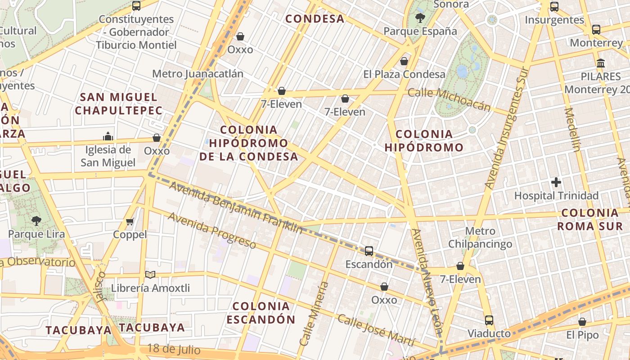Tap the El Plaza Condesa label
pos(404,74)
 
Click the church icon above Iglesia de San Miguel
pos(108,136)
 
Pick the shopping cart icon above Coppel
pos(130,221)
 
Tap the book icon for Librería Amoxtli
pos(150,274)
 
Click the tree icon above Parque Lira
pos(36,220)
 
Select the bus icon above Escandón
pos(369,251)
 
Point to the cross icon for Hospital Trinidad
pos(556,182)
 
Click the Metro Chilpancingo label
pos(480,238)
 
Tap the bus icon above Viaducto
pos(489,320)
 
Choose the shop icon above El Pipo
pos(582,322)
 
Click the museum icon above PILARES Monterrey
pos(601,63)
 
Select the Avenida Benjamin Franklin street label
pos(236,207)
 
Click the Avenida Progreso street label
pos(212,230)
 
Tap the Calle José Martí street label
pos(375,330)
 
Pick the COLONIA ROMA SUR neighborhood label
pos(589,220)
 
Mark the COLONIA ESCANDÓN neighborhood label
pos(261,313)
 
